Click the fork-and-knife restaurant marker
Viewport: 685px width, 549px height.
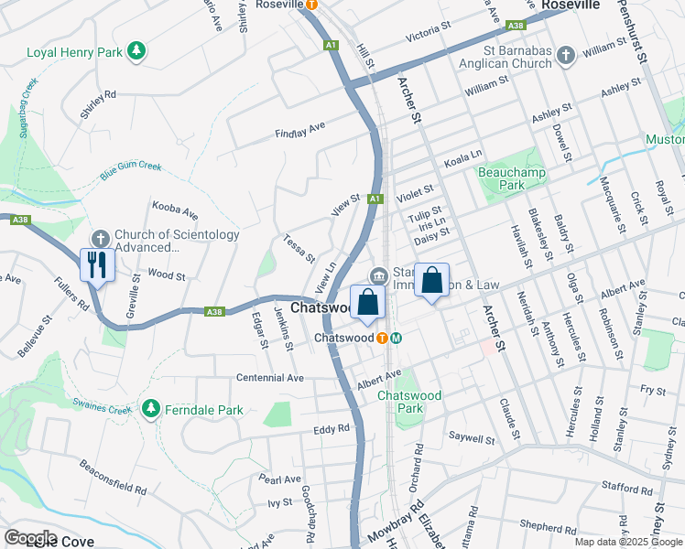(x=96, y=266)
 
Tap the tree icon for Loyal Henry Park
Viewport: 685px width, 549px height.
(x=136, y=50)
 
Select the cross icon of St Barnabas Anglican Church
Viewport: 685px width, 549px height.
(x=565, y=56)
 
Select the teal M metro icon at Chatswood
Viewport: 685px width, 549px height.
(x=397, y=338)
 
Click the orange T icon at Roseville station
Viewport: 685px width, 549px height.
(x=311, y=5)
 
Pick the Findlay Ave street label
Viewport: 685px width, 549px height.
(x=300, y=129)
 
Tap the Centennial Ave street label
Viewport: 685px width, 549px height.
(x=269, y=377)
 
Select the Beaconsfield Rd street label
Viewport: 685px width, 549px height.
(x=114, y=478)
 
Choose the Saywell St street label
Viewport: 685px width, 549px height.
(x=471, y=439)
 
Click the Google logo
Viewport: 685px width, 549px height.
(x=30, y=537)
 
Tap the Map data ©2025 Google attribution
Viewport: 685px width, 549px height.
(x=627, y=542)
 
